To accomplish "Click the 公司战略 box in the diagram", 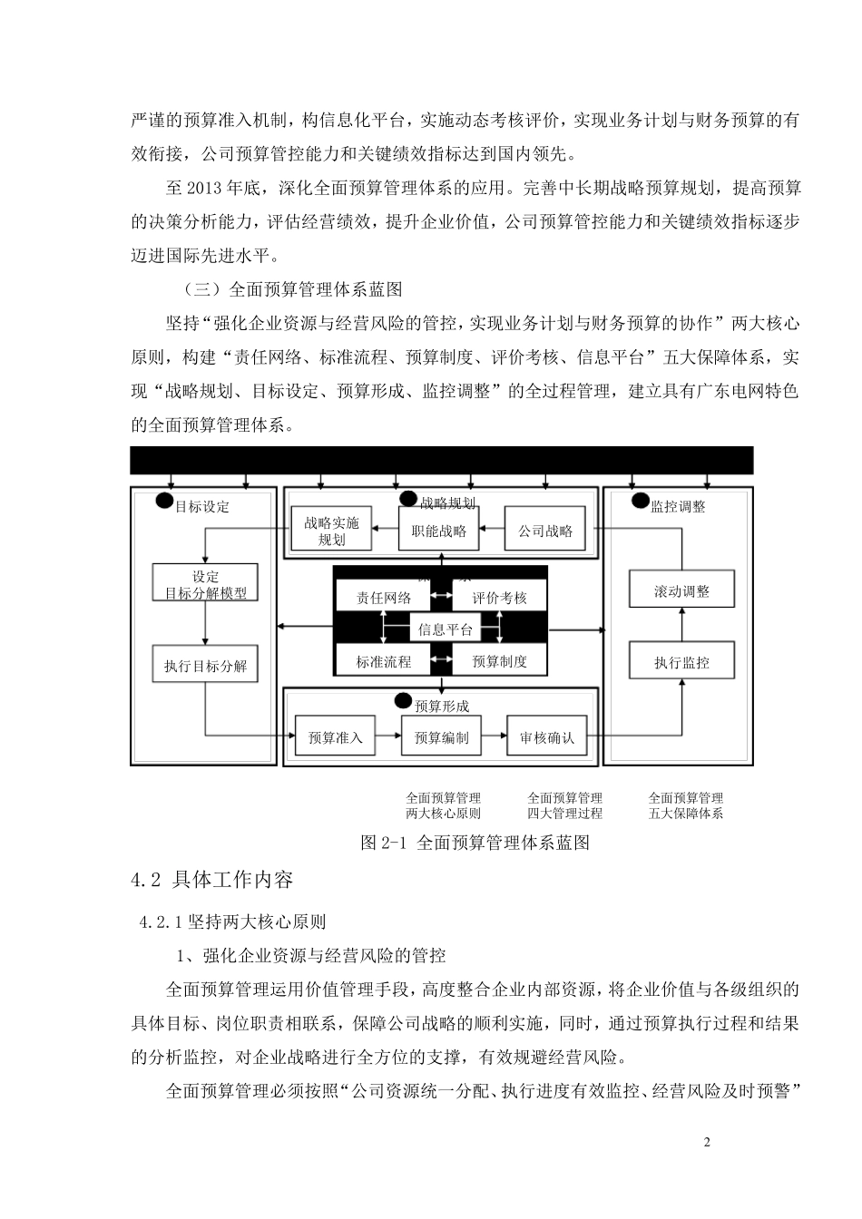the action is click(x=545, y=531).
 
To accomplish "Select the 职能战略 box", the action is click(x=438, y=531).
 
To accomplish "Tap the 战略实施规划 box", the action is click(x=331, y=531).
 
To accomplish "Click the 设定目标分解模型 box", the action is click(x=206, y=584).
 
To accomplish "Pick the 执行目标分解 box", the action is click(x=206, y=666).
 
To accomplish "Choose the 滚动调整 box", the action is click(x=681, y=591).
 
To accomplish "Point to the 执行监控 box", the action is click(x=681, y=662).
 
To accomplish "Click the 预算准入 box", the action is click(x=335, y=737).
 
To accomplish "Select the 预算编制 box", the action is click(x=441, y=737).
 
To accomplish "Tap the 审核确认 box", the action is click(x=546, y=737).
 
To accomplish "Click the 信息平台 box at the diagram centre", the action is click(x=445, y=629).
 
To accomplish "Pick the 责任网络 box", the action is click(x=384, y=598).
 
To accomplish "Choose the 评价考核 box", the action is click(x=499, y=598).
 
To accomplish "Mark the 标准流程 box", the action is click(x=384, y=661).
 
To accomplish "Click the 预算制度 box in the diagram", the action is click(x=499, y=661).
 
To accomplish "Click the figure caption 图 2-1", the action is click(x=475, y=843).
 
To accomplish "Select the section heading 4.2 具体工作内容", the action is click(x=211, y=880).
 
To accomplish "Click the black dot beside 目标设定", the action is click(x=164, y=500).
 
